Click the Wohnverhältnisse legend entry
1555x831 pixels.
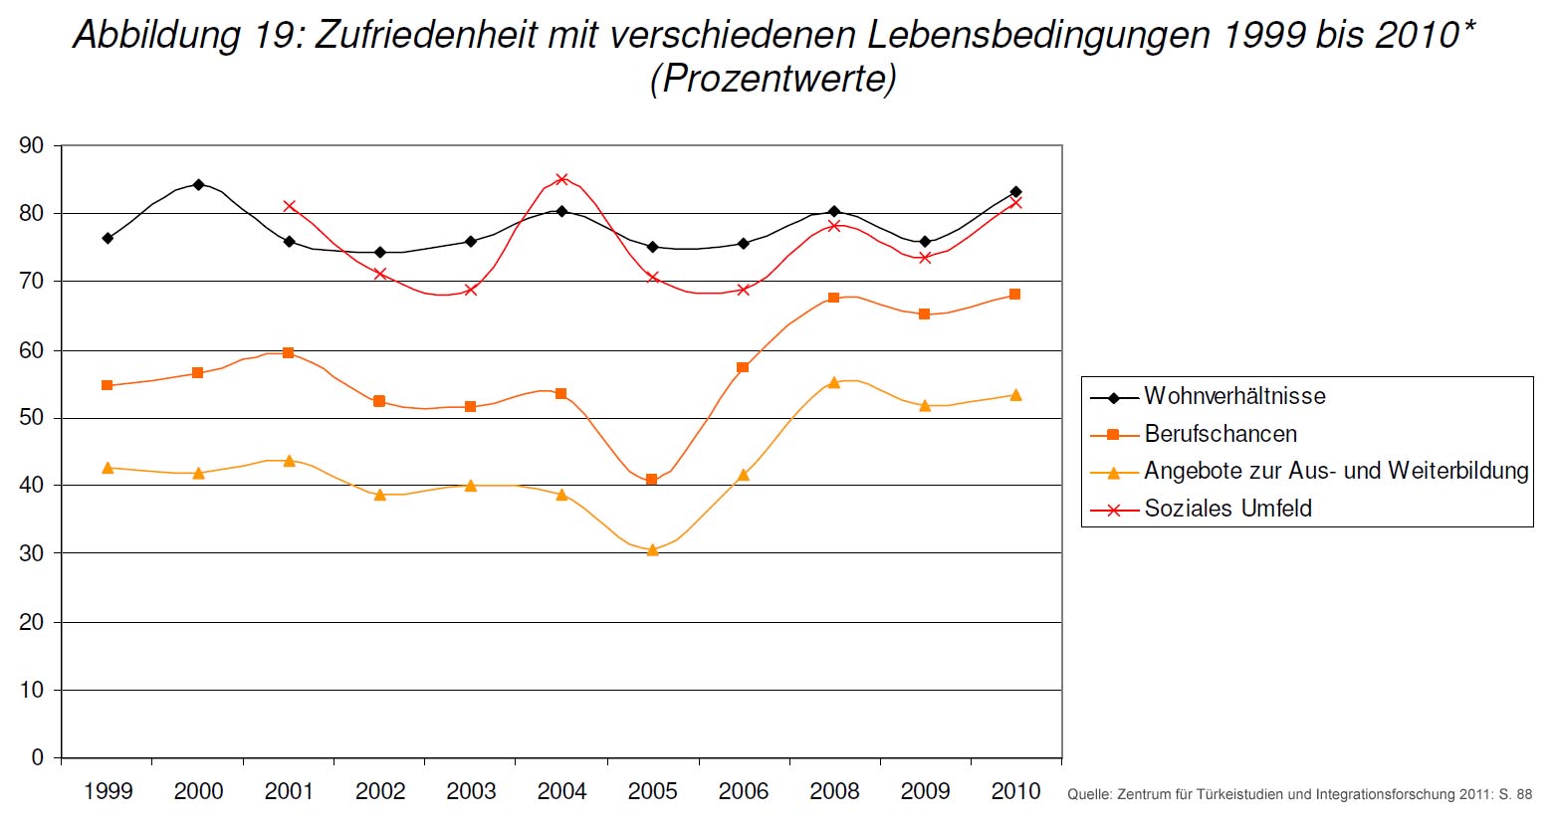pos(1234,396)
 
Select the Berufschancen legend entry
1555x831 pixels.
pos(1220,434)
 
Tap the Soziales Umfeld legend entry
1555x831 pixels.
pos(1227,509)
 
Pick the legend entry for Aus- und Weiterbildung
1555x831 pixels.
pos(1335,471)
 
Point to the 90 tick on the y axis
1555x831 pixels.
pos(32,146)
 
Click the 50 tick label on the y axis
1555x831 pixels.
pos(32,418)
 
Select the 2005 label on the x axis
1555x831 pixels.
pos(652,792)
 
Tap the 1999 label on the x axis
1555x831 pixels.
pos(108,792)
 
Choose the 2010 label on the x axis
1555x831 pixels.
pos(1015,792)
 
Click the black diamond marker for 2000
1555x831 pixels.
pos(198,184)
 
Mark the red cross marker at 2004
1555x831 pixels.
pos(561,179)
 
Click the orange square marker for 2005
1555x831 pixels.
pos(652,480)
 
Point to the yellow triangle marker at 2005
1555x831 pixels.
pos(652,549)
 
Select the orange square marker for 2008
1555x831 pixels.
pos(834,298)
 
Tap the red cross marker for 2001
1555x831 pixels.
pos(289,206)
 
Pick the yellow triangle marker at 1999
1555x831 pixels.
pos(108,468)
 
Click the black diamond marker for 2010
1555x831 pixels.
pos(1015,192)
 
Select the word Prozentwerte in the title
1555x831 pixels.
pos(773,78)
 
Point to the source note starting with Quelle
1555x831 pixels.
pos(1299,795)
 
